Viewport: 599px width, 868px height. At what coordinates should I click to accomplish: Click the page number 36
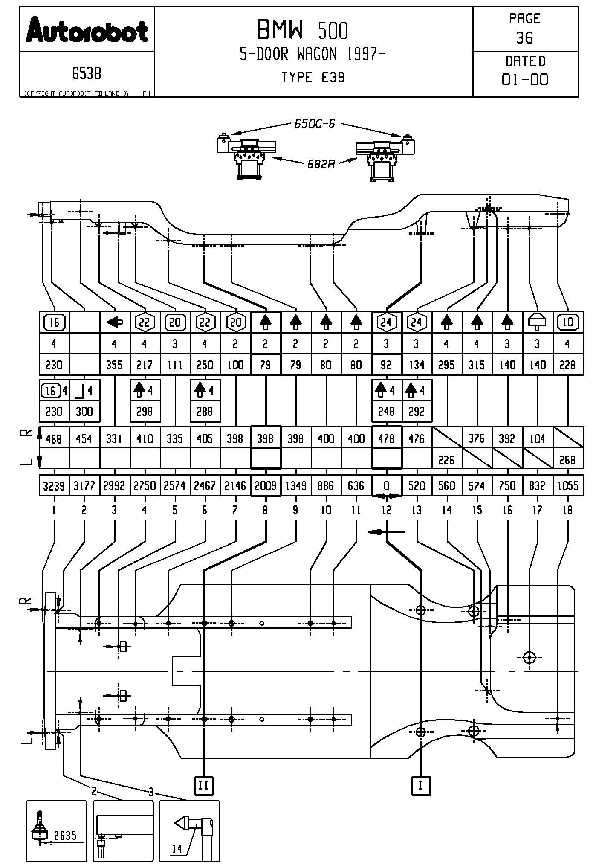click(x=524, y=38)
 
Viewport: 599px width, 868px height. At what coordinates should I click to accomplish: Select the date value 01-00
click(x=525, y=80)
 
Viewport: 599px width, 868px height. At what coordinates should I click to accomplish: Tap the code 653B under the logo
click(x=87, y=74)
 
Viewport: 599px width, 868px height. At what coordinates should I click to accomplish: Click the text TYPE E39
click(x=313, y=78)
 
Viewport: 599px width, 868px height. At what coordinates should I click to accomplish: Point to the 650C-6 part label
click(x=315, y=124)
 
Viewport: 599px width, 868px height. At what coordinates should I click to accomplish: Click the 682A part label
click(x=321, y=164)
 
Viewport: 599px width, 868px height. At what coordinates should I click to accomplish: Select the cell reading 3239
click(x=54, y=486)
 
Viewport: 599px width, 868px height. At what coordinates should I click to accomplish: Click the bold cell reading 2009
click(x=265, y=486)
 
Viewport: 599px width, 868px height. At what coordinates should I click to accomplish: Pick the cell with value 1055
click(x=568, y=486)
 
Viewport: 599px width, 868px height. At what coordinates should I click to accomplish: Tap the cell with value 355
click(x=114, y=365)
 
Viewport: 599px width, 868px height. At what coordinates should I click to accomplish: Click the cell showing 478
click(x=386, y=439)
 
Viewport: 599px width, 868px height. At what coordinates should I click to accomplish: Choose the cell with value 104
click(x=537, y=439)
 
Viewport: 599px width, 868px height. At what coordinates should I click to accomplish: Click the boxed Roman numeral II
click(x=203, y=785)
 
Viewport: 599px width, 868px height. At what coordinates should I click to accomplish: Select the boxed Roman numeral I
click(x=421, y=785)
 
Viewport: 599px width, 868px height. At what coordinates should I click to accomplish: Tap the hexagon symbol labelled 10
click(x=568, y=322)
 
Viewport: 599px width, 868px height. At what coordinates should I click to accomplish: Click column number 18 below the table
click(x=568, y=510)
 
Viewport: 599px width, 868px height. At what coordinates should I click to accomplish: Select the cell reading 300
click(x=84, y=412)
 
